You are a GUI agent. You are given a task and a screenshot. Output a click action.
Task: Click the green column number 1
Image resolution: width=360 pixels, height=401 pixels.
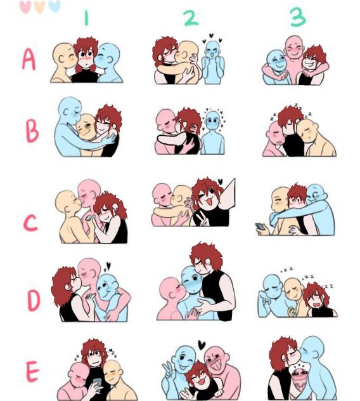[86, 18]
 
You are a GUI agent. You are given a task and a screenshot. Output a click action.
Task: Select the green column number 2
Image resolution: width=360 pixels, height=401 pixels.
[191, 18]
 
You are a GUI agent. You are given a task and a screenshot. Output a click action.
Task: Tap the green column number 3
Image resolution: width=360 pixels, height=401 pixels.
[298, 17]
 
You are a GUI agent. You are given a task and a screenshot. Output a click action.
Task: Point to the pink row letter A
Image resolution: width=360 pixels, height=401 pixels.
[29, 60]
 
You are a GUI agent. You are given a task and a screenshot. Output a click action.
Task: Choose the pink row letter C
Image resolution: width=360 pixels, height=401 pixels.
[30, 223]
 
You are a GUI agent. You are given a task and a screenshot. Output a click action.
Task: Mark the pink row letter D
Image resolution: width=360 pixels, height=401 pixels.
[34, 301]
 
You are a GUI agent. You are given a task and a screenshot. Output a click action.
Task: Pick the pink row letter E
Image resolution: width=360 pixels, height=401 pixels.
[32, 371]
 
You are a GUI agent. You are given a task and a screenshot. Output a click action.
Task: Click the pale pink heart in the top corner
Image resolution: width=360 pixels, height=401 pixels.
[25, 7]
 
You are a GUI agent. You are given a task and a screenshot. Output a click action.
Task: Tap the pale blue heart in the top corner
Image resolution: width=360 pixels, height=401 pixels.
[54, 6]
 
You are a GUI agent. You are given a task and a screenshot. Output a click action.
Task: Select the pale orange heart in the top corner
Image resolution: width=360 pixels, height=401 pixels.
[39, 7]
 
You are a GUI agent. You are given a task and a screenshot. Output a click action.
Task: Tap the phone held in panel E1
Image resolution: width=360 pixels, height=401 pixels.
[97, 383]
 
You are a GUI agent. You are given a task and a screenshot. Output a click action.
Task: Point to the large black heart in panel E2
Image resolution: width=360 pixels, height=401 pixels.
[202, 345]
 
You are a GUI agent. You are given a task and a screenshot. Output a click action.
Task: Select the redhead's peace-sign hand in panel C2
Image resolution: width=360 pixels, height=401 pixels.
[204, 220]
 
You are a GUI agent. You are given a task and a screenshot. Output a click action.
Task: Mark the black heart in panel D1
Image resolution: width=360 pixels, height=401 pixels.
[108, 266]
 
